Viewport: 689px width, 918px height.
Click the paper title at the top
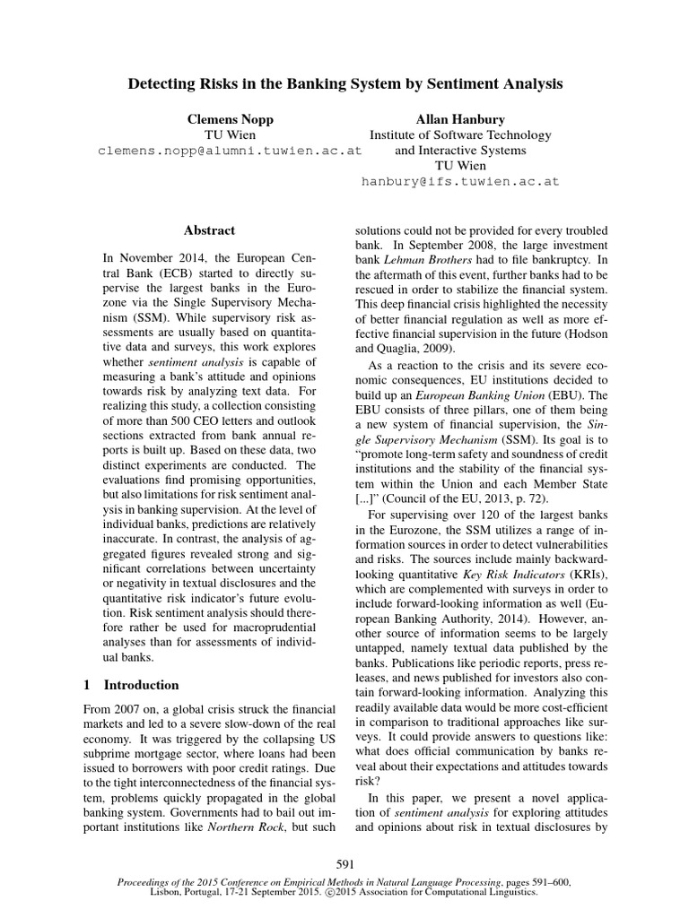(x=344, y=84)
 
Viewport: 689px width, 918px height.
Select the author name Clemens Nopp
(x=231, y=118)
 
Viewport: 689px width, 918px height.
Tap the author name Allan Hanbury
(x=459, y=118)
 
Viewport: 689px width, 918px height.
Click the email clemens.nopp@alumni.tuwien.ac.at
(x=230, y=151)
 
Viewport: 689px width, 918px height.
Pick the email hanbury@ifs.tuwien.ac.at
(x=459, y=181)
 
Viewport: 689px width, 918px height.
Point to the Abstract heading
(x=209, y=230)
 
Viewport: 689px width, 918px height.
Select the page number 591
(x=344, y=864)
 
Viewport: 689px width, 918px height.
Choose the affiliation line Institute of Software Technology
(x=459, y=134)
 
